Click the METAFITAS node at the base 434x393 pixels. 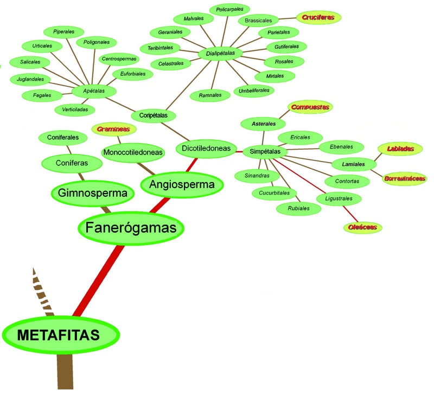[59, 335]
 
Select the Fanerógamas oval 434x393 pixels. [131, 228]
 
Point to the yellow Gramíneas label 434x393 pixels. [114, 129]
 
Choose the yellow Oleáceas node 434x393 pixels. [363, 227]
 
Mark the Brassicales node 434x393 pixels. [258, 21]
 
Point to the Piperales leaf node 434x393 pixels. [64, 31]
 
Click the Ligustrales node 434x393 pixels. [339, 199]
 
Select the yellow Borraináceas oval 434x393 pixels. [404, 178]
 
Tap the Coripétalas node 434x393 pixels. [154, 115]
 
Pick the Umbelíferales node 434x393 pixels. [253, 91]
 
